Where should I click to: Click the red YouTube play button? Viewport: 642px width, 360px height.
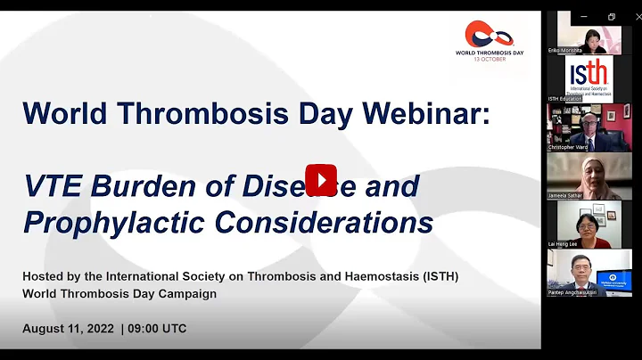coord(321,179)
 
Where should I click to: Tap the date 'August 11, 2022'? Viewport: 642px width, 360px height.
coord(69,328)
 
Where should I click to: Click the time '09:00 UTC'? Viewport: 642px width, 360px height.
coord(158,328)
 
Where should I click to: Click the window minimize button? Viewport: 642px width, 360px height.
coord(586,17)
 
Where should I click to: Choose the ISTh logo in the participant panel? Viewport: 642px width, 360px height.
coord(588,78)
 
